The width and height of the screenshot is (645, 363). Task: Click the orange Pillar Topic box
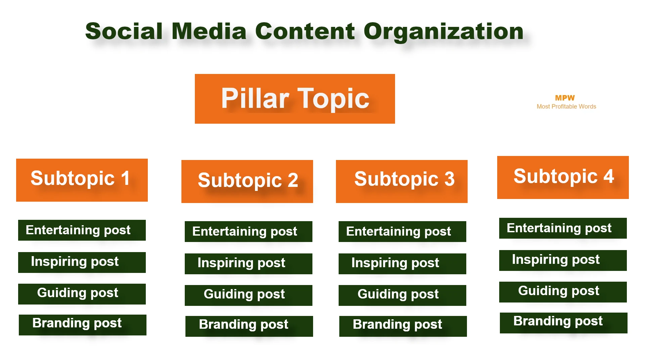pyautogui.click(x=295, y=99)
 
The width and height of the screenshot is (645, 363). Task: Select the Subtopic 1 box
pyautogui.click(x=82, y=180)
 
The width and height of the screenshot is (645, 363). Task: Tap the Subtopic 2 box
pyautogui.click(x=247, y=181)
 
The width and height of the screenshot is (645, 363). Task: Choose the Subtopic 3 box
pyautogui.click(x=401, y=181)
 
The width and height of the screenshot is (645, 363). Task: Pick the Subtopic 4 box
pyautogui.click(x=563, y=177)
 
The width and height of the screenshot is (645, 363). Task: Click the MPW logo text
pyautogui.click(x=565, y=98)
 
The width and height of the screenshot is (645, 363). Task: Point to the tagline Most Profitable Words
pyautogui.click(x=566, y=107)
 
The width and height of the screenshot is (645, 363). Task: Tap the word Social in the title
pyautogui.click(x=124, y=31)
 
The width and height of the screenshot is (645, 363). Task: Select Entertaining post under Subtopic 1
pyautogui.click(x=82, y=230)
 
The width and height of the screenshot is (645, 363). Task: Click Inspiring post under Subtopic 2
pyautogui.click(x=248, y=264)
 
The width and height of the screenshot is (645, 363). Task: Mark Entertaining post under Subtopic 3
pyautogui.click(x=402, y=232)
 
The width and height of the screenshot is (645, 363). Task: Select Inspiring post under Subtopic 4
pyautogui.click(x=563, y=260)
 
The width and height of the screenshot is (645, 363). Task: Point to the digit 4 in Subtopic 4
pyautogui.click(x=608, y=176)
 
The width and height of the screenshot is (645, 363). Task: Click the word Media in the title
pyautogui.click(x=209, y=31)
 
